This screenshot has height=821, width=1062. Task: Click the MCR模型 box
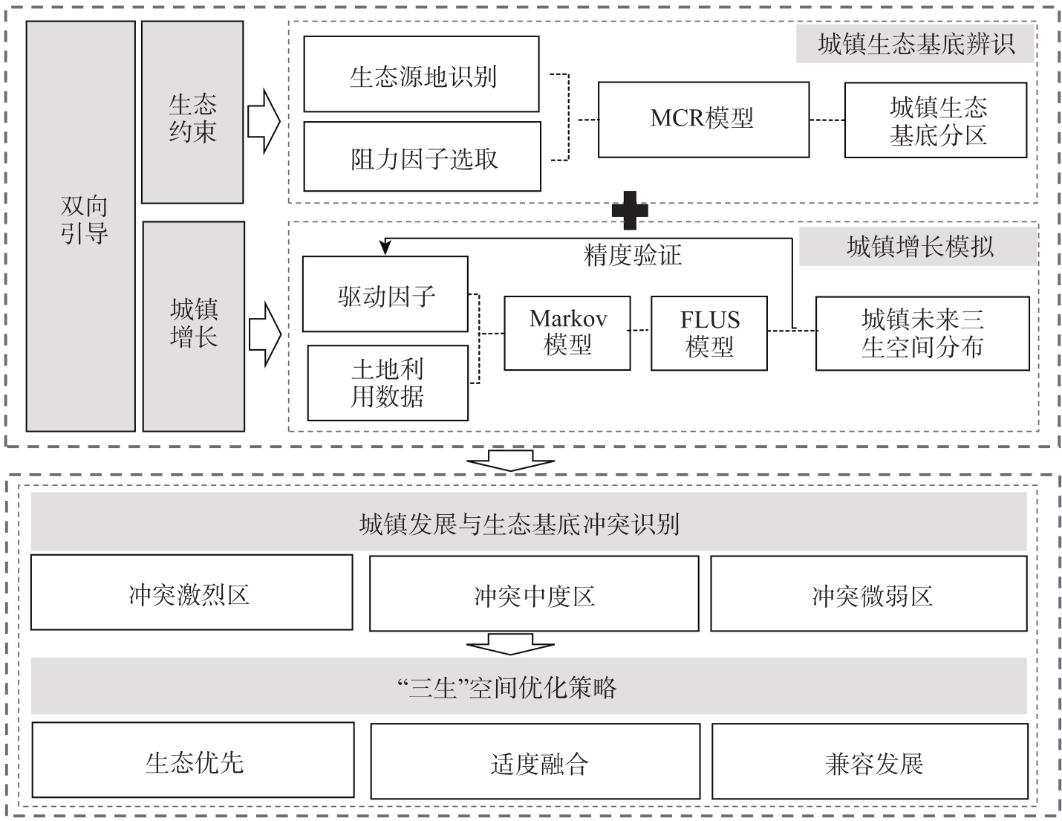pyautogui.click(x=703, y=120)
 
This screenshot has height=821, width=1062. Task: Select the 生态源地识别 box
pyautogui.click(x=421, y=74)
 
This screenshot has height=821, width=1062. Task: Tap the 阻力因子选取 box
pyautogui.click(x=423, y=157)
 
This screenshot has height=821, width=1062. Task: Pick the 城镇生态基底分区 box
pyautogui.click(x=936, y=120)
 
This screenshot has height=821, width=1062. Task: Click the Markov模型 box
pyautogui.click(x=567, y=333)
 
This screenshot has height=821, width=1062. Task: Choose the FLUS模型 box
pyautogui.click(x=708, y=333)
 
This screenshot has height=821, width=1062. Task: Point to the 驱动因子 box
pyautogui.click(x=385, y=294)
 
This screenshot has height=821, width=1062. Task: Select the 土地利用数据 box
pyautogui.click(x=388, y=383)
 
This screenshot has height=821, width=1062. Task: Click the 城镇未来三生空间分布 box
pyautogui.click(x=922, y=334)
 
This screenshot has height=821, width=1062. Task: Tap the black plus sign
pyautogui.click(x=630, y=210)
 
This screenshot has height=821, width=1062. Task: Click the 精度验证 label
pyautogui.click(x=633, y=256)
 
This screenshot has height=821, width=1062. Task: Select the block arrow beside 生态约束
pyautogui.click(x=264, y=121)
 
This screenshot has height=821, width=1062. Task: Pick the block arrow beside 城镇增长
pyautogui.click(x=265, y=334)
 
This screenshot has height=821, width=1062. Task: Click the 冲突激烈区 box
pyautogui.click(x=192, y=592)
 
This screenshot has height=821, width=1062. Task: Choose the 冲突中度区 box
pyautogui.click(x=534, y=593)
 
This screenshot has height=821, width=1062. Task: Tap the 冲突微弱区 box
pyautogui.click(x=868, y=593)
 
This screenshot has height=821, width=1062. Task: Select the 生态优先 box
pyautogui.click(x=193, y=760)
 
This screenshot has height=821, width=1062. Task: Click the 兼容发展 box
pyautogui.click(x=870, y=762)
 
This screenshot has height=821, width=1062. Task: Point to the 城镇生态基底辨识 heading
pyautogui.click(x=916, y=45)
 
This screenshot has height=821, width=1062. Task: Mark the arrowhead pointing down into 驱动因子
pyautogui.click(x=385, y=248)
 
